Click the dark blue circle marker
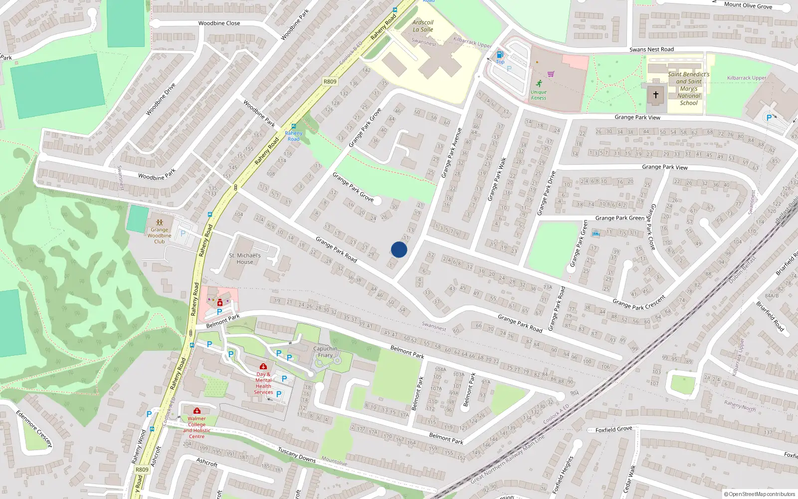point(399,249)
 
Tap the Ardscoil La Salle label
point(423,26)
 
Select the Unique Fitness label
point(539,95)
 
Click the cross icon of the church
point(656,94)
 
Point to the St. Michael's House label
point(245,258)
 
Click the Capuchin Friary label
point(325,352)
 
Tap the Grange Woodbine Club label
point(159,236)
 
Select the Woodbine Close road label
point(219,23)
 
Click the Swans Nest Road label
point(651,49)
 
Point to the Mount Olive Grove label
point(748,5)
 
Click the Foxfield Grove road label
point(613,429)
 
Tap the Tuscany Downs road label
point(297,455)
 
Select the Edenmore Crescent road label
point(34,429)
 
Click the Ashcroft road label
point(207,463)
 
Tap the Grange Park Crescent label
point(639,302)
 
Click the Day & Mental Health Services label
point(263,383)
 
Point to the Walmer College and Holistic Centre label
point(197,428)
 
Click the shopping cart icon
point(551,74)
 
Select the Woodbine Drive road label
point(161,99)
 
